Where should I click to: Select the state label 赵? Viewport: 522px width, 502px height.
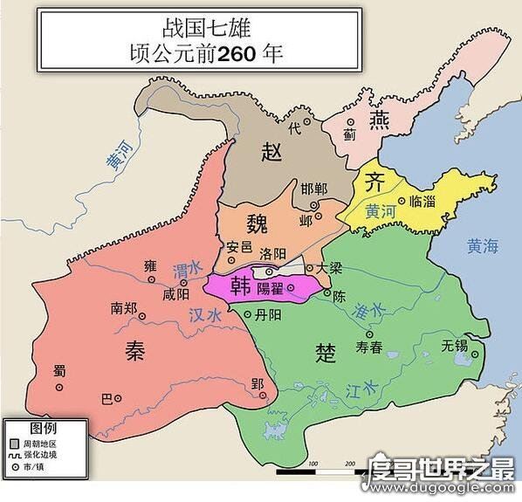(272, 153)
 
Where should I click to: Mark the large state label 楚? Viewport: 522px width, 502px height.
(325, 352)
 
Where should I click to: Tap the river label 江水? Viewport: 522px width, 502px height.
(357, 389)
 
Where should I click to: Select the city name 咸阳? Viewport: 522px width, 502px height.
(175, 294)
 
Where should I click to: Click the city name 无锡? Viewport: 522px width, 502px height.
(456, 345)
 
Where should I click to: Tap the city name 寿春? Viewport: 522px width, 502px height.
(370, 347)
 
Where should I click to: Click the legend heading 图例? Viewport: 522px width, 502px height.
(44, 429)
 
